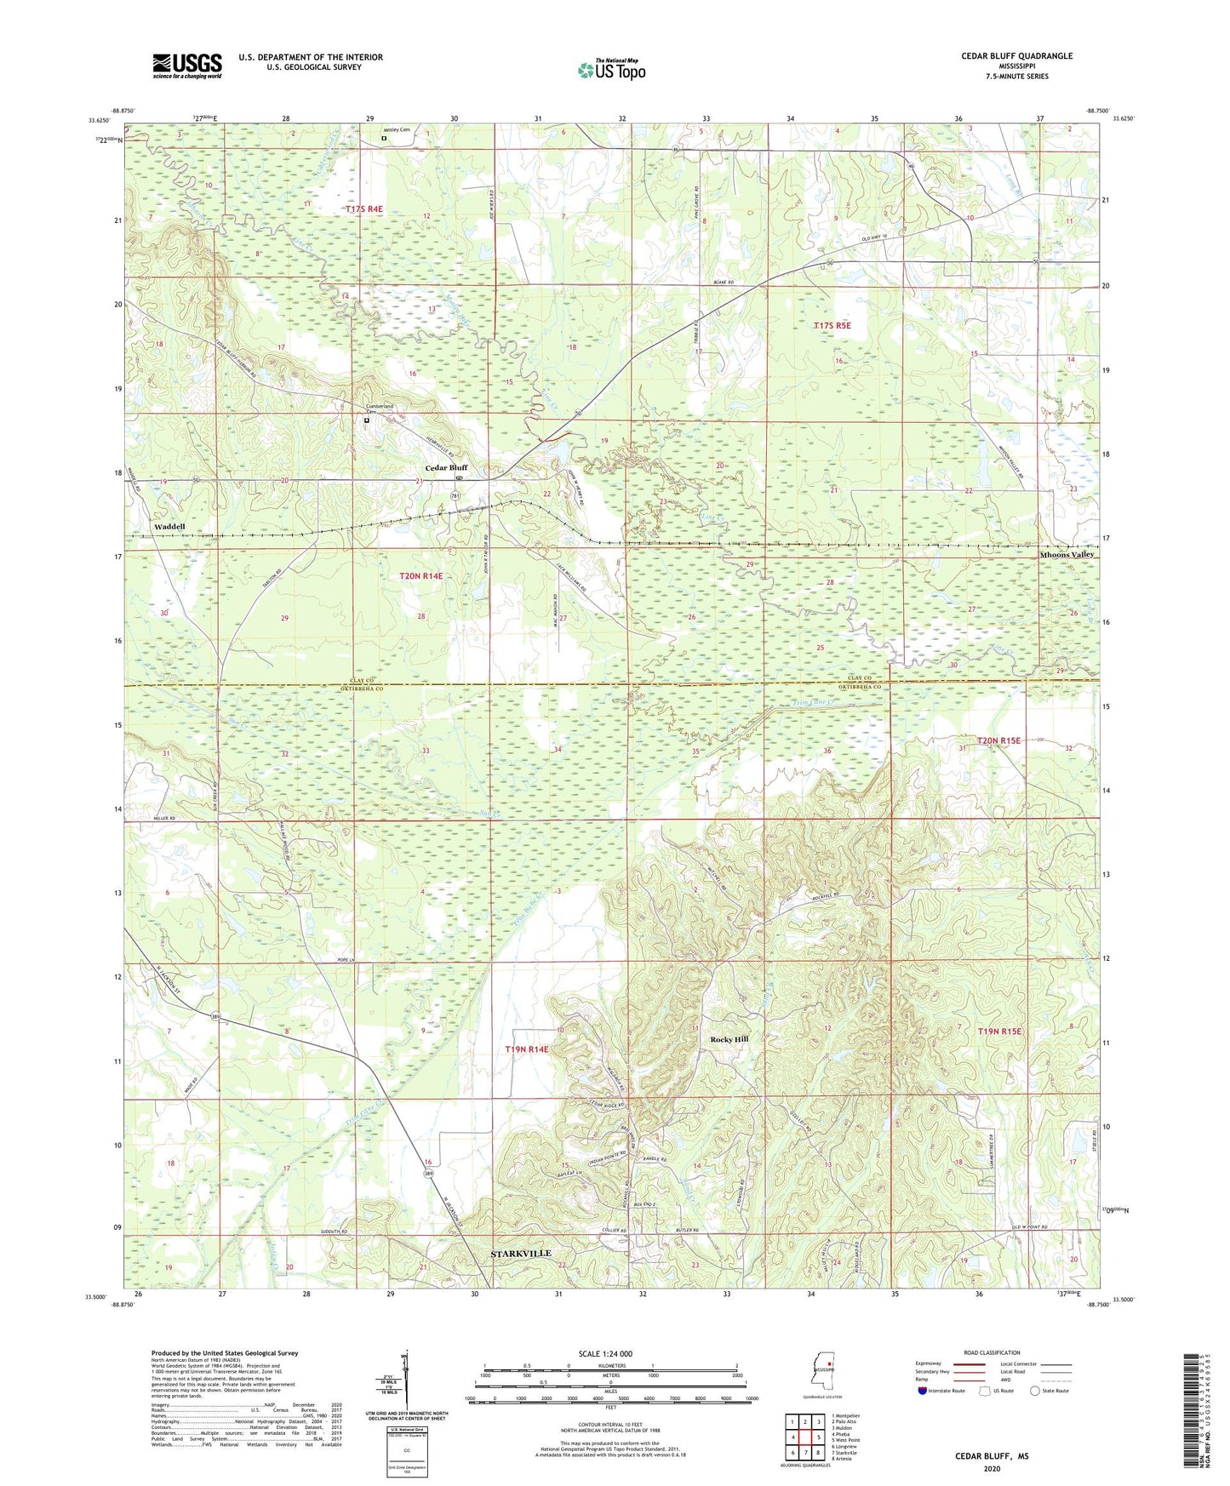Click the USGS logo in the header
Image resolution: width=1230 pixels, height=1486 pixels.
186,66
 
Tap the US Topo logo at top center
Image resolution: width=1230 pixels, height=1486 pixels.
611,70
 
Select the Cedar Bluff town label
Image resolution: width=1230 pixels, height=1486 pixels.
447,467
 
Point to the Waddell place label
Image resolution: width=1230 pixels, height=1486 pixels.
169,527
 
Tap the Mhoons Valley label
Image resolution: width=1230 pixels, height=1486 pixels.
1067,555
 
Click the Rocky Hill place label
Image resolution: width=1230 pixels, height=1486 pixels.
729,1039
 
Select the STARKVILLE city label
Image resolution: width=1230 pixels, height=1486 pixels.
521,1254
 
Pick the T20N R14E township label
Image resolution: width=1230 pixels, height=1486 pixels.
421,576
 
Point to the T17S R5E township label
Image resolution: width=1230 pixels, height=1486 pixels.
832,325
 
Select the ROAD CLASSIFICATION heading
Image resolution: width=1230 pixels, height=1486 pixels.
992,1352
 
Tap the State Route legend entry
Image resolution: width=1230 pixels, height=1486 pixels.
1049,1391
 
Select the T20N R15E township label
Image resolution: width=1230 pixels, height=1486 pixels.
998,740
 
